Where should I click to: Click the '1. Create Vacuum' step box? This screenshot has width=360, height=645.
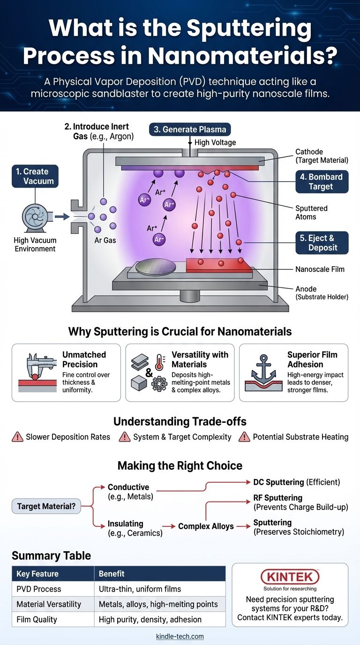pyautogui.click(x=36, y=176)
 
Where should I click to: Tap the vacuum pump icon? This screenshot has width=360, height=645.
pyautogui.click(x=36, y=217)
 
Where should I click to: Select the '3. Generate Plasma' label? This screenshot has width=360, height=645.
pyautogui.click(x=190, y=129)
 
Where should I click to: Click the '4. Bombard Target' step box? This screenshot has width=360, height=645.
pyautogui.click(x=322, y=182)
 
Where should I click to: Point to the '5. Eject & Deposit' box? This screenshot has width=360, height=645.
pyautogui.click(x=322, y=243)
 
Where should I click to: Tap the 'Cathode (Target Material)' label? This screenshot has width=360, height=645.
pyautogui.click(x=322, y=156)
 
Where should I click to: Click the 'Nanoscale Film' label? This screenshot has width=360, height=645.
pyautogui.click(x=320, y=269)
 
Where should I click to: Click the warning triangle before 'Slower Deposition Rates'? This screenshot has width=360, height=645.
pyautogui.click(x=17, y=437)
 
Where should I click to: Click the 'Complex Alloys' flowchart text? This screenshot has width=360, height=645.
pyautogui.click(x=206, y=526)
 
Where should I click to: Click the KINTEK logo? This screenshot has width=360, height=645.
pyautogui.click(x=290, y=577)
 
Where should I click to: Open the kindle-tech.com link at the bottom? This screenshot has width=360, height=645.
pyautogui.click(x=180, y=637)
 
